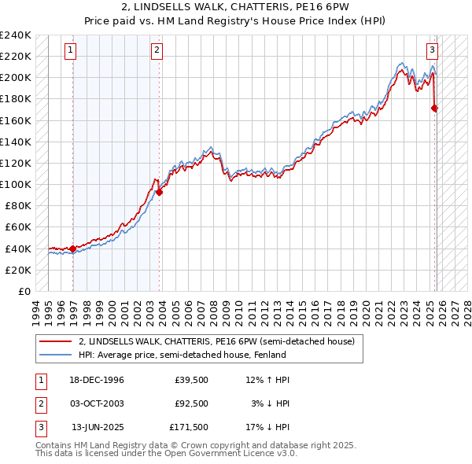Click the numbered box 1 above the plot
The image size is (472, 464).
pos(71,50)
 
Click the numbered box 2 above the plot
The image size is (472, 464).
pos(157,50)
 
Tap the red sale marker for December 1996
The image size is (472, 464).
pos(73,249)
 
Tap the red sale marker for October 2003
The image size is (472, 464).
pos(160,192)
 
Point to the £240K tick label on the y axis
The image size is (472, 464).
pos(16,35)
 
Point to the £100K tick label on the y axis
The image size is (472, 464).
pos(16,184)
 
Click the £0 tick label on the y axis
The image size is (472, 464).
pos(24,291)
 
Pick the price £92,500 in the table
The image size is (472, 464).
pos(192,403)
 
